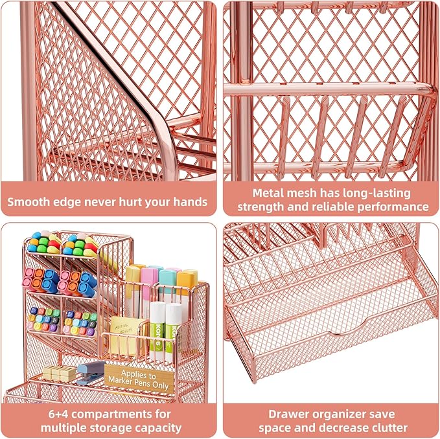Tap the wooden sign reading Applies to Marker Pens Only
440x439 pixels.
tap(138, 380)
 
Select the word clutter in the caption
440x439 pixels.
tap(388, 428)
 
